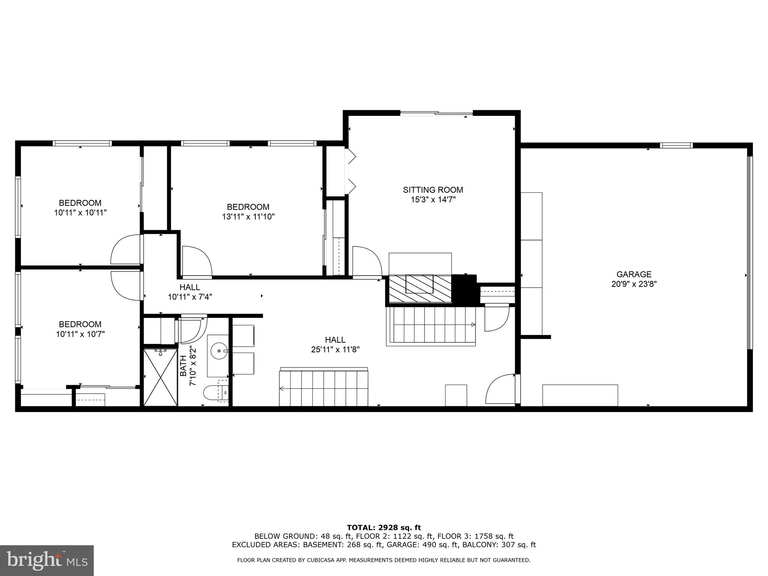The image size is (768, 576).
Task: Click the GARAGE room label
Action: (x=634, y=274)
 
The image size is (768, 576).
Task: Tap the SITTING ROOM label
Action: (x=433, y=190)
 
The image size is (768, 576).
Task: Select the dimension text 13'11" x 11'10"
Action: (x=248, y=216)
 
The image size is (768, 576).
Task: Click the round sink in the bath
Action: (x=218, y=352)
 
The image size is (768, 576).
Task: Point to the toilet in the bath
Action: (x=214, y=393)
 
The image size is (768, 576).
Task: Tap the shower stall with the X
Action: (x=160, y=377)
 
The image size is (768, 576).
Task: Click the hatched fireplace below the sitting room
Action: (x=420, y=288)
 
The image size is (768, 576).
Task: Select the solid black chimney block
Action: (x=465, y=289)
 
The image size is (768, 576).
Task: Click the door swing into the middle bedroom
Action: (x=196, y=261)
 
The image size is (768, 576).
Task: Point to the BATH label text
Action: (x=183, y=366)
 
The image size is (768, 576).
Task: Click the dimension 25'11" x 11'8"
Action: (x=335, y=349)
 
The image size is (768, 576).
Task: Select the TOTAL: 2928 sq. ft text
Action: (x=384, y=528)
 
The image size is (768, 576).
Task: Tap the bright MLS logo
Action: (x=46, y=560)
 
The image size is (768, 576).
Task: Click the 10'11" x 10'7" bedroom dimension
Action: (x=80, y=334)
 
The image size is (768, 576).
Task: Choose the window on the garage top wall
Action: (x=676, y=145)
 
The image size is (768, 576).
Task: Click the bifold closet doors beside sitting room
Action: (x=351, y=171)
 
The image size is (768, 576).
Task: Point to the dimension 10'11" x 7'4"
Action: (x=190, y=297)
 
